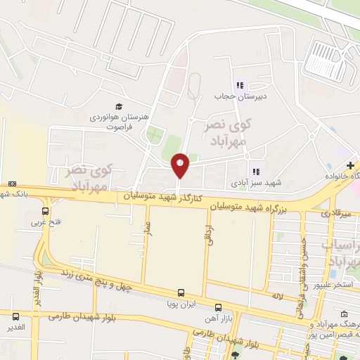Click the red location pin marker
pos(181,165)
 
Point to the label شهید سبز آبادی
pos(256,184)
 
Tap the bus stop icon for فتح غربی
pos(46,210)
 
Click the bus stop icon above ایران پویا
pos(181,292)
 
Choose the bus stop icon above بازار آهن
pos(218,307)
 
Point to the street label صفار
pos(148,229)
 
